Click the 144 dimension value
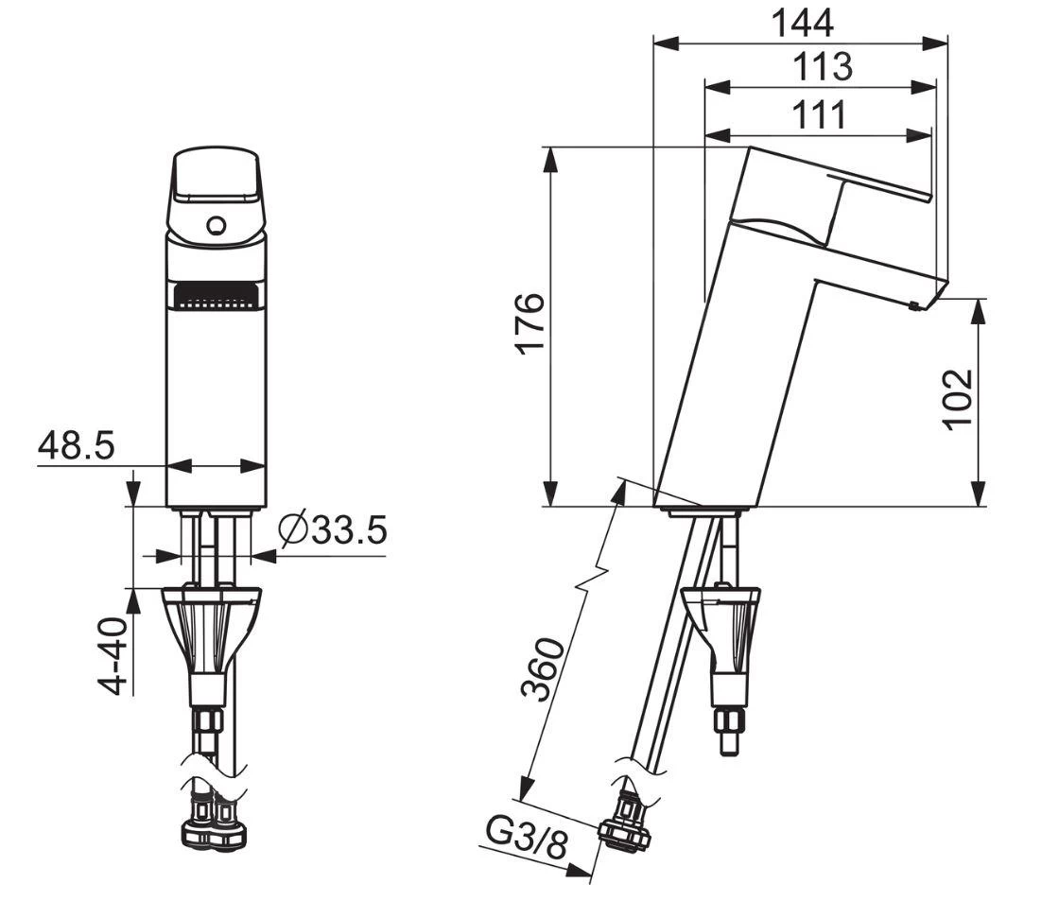803,23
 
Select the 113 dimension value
822,67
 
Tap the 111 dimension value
819,114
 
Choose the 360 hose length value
543,668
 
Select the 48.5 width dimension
76,445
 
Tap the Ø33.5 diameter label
333,529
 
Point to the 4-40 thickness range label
113,656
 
